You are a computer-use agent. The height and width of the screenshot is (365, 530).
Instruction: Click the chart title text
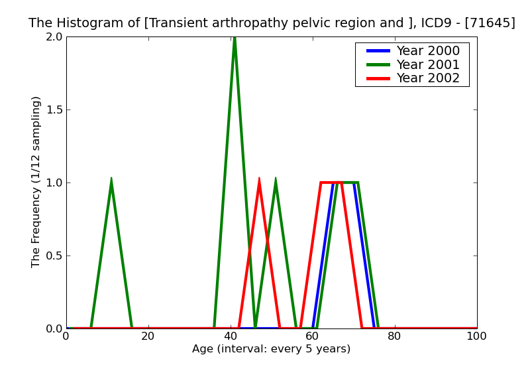pos(272,23)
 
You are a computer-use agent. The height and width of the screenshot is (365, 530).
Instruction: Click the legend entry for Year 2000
pos(427,51)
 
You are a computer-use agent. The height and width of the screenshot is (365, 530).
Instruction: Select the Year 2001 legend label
pos(427,64)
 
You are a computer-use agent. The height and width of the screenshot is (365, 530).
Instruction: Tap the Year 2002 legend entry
pos(427,78)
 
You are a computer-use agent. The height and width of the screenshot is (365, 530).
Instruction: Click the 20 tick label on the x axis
pos(148,336)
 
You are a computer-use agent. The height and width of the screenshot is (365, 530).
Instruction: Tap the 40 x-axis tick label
pos(231,336)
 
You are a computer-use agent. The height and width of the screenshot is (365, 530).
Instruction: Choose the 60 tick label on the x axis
pos(313,336)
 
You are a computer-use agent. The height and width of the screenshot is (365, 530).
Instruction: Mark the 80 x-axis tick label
pos(395,336)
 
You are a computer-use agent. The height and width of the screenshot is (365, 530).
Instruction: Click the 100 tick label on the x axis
pos(476,336)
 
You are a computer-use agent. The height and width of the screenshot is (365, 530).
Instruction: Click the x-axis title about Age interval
pos(272,349)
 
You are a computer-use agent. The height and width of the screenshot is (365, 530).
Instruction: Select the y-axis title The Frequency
pos(36,182)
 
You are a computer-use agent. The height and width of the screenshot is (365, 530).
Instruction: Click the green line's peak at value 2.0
pos(235,38)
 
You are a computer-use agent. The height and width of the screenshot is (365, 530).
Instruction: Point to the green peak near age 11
pos(111,179)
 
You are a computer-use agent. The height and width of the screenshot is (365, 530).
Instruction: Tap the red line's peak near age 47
pos(259,179)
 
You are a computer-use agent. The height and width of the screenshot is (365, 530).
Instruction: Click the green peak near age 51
pos(276,179)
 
